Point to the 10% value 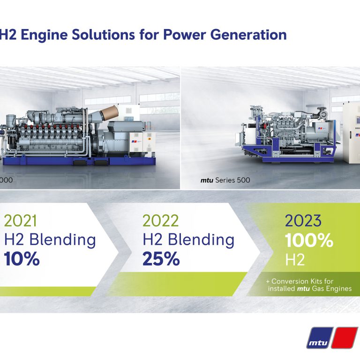coord(22,259)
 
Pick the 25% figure coord(161,259)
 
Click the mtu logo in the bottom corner coord(332,337)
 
